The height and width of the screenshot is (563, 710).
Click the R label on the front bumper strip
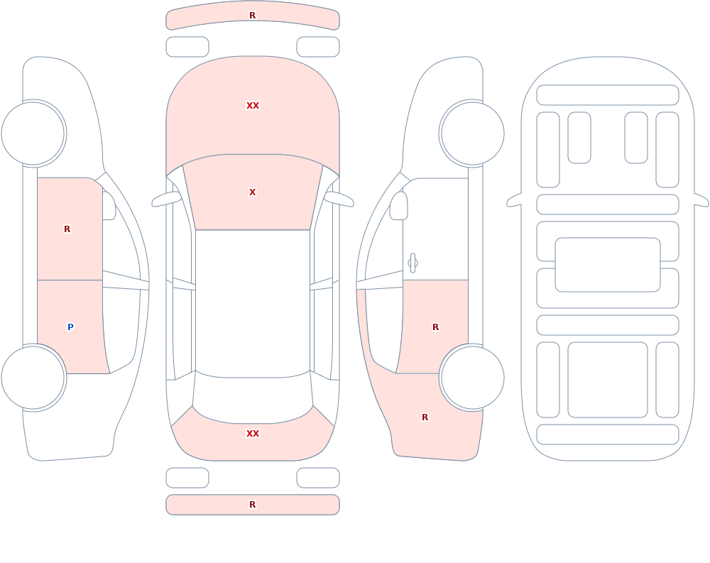[252, 16]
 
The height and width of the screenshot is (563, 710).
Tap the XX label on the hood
[253, 106]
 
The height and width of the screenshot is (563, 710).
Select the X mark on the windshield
[252, 192]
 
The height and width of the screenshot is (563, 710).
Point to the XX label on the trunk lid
[253, 434]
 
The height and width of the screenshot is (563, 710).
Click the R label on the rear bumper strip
[252, 505]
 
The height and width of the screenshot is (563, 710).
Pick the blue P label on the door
[70, 327]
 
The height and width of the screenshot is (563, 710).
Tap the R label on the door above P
[67, 229]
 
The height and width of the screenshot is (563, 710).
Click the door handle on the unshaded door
[413, 263]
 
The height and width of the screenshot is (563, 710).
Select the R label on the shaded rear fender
[425, 417]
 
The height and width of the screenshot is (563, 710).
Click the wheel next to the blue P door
[33, 377]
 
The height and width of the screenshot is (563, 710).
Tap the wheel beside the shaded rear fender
[473, 377]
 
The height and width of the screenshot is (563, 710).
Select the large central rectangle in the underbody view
[608, 265]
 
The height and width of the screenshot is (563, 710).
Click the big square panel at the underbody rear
[608, 380]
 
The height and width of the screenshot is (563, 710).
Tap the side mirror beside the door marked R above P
[109, 206]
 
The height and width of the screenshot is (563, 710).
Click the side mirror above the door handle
[398, 206]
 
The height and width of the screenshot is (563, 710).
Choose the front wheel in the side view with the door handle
[473, 133]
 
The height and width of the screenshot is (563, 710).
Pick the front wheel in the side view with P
[33, 133]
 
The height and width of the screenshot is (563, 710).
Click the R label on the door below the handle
[436, 327]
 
